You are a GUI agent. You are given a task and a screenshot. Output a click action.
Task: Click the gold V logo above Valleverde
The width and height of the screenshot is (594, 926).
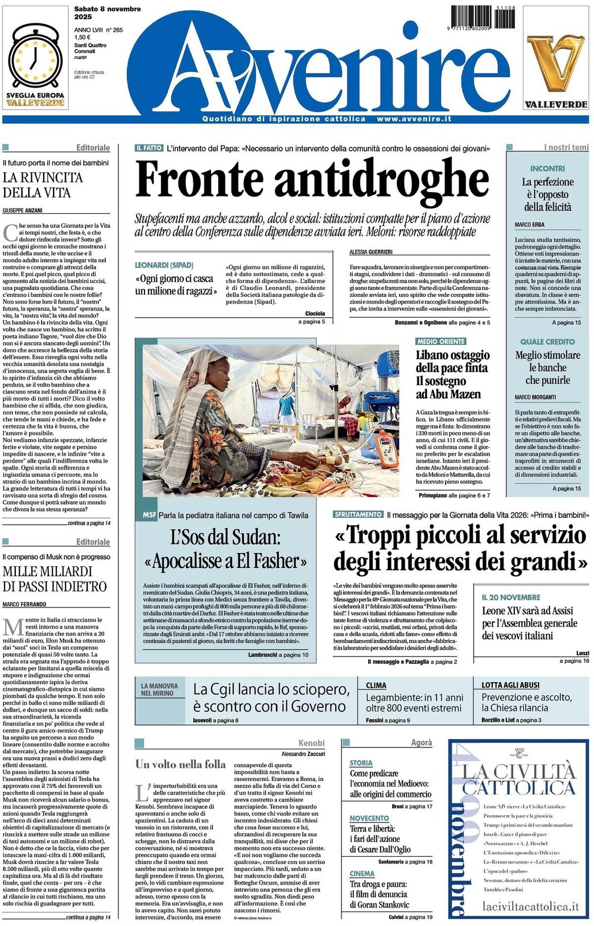click(x=555, y=63)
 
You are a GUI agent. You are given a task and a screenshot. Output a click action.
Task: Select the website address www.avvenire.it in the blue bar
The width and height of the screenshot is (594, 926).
click(x=414, y=119)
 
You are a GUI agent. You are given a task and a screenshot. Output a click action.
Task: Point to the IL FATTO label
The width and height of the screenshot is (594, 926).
click(x=149, y=148)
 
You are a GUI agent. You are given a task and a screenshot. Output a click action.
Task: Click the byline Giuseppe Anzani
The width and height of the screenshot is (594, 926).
click(x=22, y=210)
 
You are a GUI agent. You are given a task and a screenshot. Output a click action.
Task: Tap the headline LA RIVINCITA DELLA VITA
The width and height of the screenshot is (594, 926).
click(x=43, y=185)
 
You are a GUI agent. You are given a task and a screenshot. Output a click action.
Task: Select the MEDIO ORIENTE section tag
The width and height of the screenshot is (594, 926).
click(x=441, y=342)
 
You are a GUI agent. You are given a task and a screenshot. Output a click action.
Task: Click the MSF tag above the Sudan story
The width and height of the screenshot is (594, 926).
click(x=149, y=515)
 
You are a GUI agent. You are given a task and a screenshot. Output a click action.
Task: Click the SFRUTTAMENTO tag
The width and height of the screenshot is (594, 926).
click(x=358, y=514)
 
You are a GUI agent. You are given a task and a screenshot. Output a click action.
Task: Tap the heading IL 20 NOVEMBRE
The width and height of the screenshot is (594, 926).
click(x=511, y=597)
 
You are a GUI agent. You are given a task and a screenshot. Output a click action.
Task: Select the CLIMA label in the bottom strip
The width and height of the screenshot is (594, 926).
click(x=376, y=686)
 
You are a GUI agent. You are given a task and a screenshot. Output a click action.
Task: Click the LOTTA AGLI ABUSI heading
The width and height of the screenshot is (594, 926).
click(x=510, y=686)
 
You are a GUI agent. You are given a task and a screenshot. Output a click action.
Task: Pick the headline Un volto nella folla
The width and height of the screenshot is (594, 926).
click(x=180, y=764)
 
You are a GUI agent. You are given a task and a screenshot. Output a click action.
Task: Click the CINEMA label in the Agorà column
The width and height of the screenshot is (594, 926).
click(x=362, y=873)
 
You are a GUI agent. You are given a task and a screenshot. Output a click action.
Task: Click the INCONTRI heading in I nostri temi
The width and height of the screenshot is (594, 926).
click(x=547, y=169)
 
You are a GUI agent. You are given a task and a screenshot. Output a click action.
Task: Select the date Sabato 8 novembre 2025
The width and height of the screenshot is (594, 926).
click(x=108, y=13)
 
